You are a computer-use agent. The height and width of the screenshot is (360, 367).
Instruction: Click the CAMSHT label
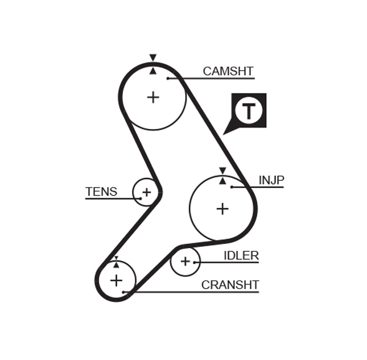tap(228, 72)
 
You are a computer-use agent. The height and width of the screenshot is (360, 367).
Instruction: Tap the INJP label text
tap(271, 180)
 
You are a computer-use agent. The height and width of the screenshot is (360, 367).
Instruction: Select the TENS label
tap(101, 192)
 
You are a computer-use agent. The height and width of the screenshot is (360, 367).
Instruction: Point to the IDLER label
tap(241, 255)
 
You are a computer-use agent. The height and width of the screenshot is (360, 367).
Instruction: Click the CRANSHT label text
tap(230, 285)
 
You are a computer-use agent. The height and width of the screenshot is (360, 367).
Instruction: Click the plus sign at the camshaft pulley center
tap(153, 97)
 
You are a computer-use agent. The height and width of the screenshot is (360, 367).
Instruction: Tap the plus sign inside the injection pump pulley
tap(222, 209)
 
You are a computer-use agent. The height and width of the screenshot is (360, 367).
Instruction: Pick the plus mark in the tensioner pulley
tap(146, 193)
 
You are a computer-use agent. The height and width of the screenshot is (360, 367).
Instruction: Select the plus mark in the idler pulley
tap(185, 262)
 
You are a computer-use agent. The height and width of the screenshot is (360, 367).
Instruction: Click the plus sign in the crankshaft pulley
tap(116, 281)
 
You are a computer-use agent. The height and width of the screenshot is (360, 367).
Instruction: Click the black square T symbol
tap(249, 110)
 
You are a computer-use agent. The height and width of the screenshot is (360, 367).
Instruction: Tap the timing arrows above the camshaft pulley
tap(153, 64)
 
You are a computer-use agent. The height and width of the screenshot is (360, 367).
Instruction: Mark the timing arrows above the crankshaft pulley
tap(116, 262)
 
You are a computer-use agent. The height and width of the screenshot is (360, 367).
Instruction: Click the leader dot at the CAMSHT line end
tap(168, 78)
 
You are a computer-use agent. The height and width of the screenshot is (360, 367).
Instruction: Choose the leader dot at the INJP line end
tap(232, 186)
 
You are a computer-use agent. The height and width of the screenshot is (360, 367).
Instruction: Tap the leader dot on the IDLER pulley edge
tap(196, 262)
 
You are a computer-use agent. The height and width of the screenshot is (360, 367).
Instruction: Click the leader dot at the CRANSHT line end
tap(124, 292)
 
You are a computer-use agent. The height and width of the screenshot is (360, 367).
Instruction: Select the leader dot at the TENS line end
tap(140, 199)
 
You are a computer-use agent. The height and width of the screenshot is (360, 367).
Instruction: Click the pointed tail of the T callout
tap(226, 132)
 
